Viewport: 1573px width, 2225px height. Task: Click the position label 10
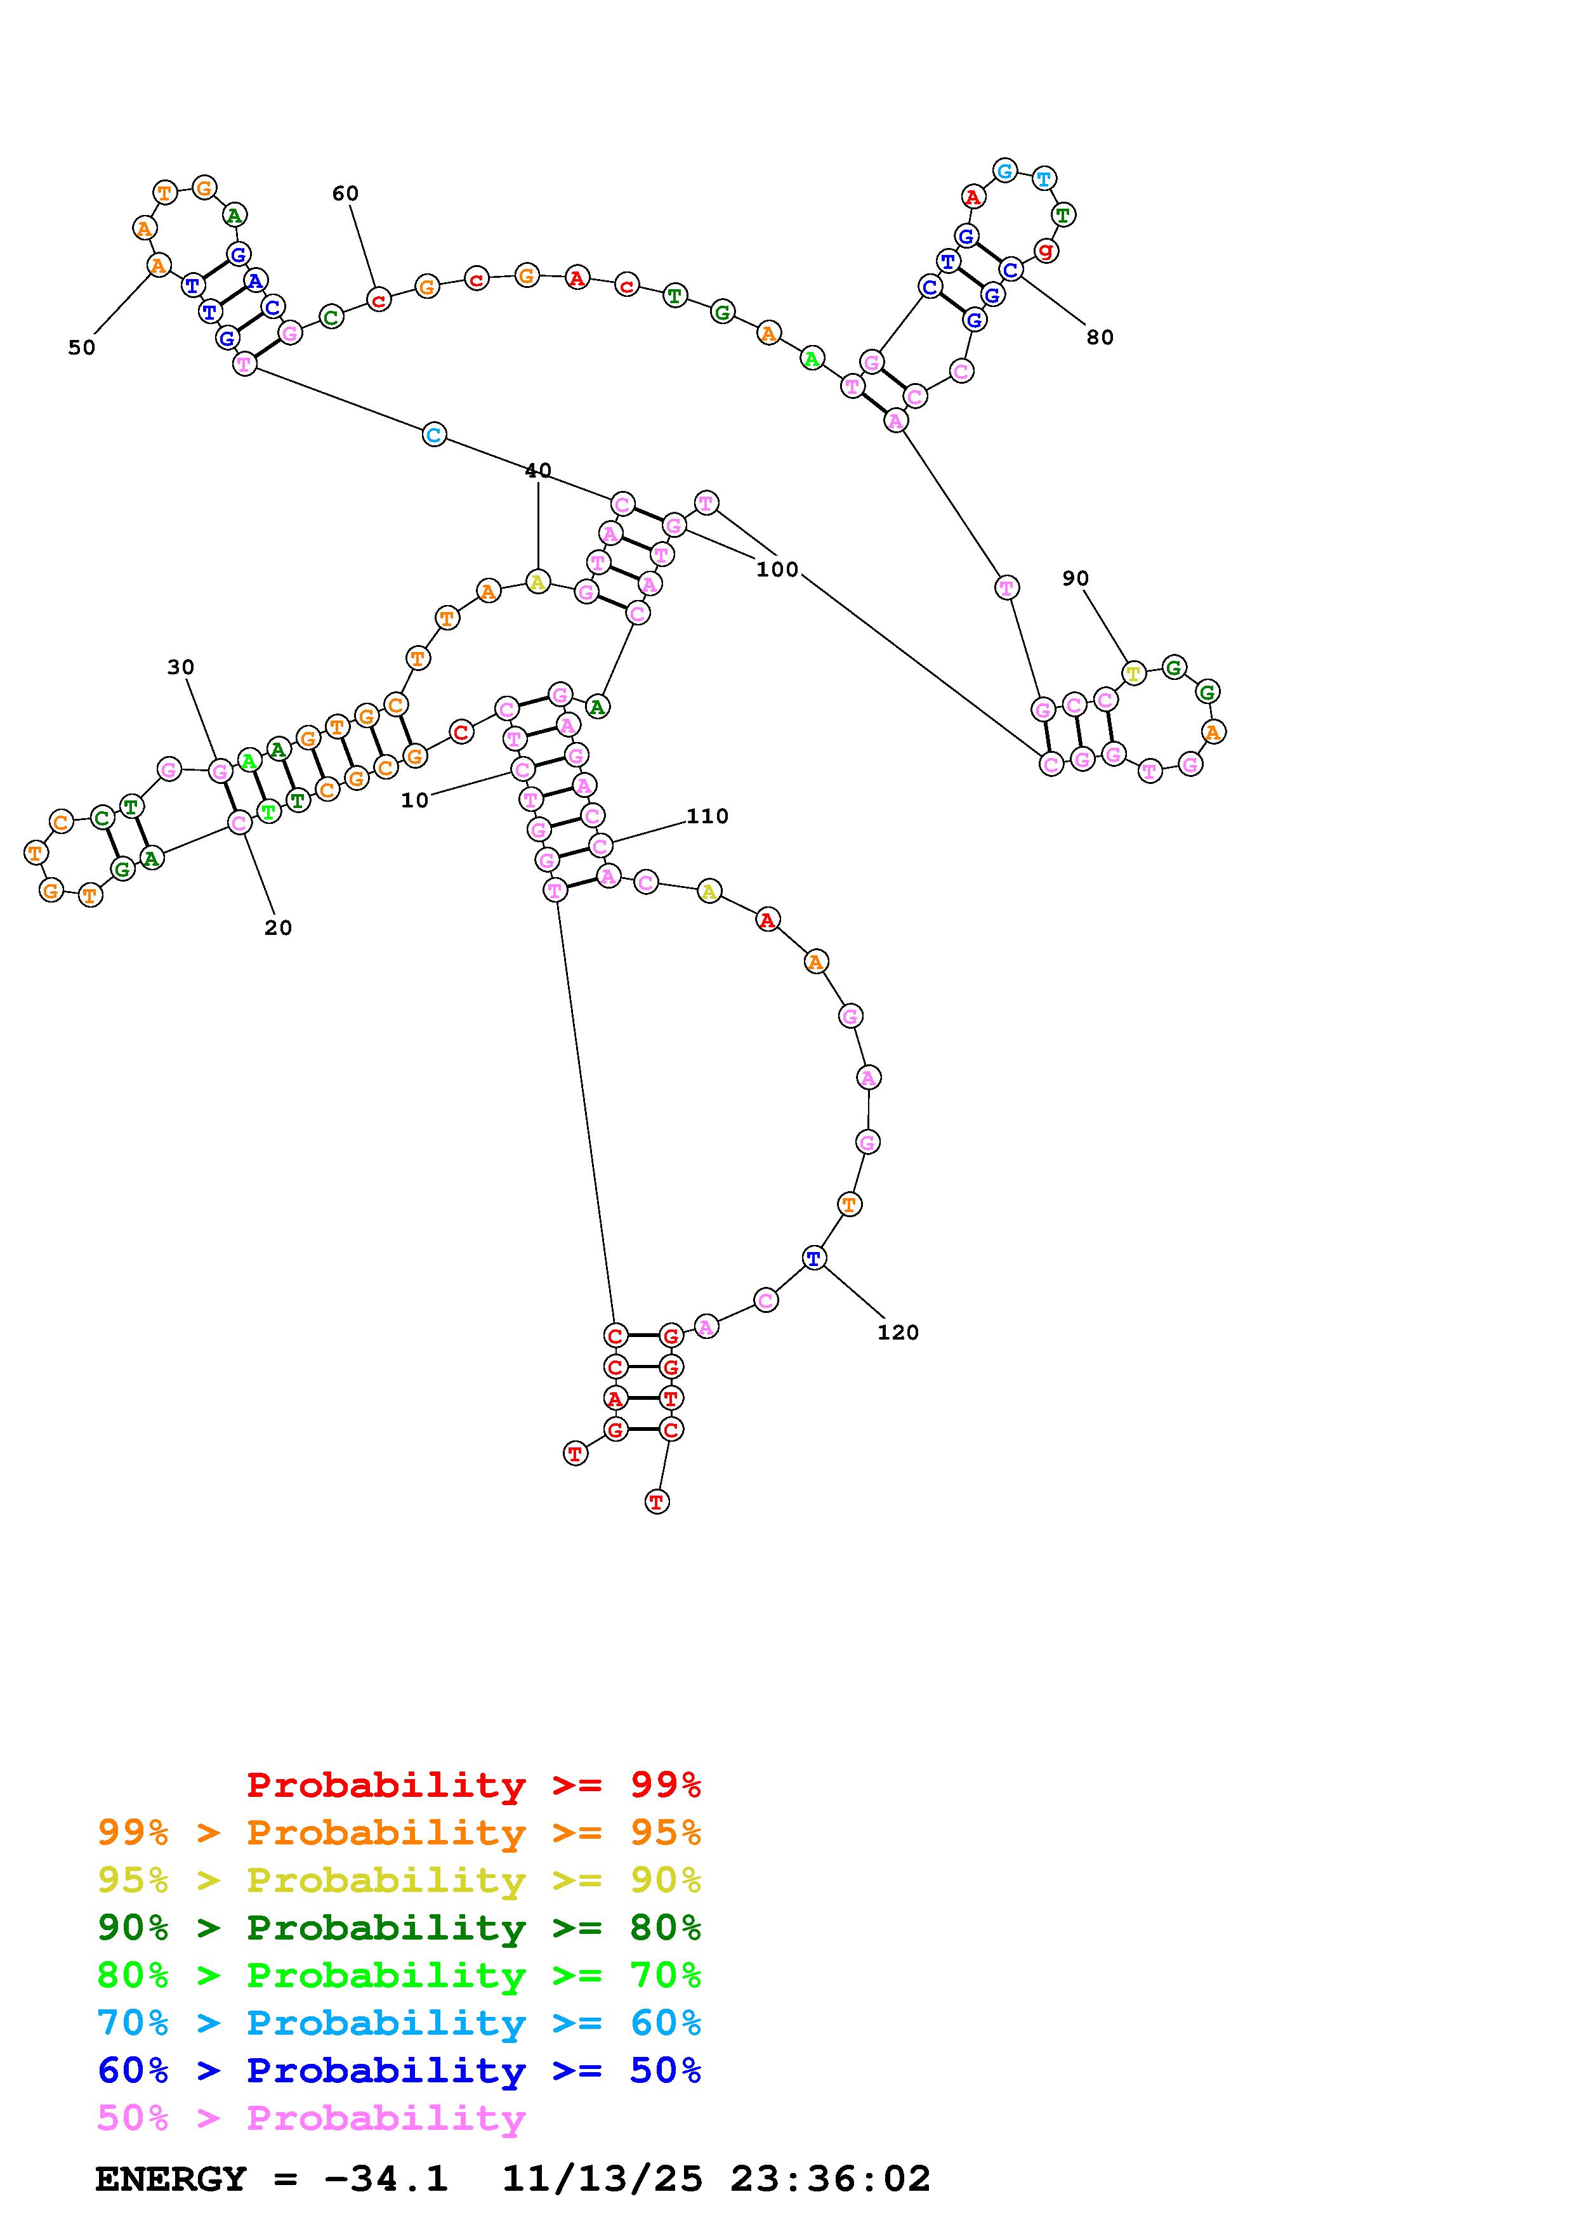(x=415, y=800)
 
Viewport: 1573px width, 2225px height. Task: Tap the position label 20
(x=278, y=927)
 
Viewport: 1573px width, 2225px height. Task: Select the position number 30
(x=180, y=667)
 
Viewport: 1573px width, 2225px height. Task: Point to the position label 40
(x=538, y=470)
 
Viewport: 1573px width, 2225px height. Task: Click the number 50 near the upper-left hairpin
(x=81, y=347)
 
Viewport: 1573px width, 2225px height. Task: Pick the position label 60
(x=345, y=193)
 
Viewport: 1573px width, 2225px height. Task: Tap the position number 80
(x=1100, y=337)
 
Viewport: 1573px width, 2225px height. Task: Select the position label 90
(x=1075, y=578)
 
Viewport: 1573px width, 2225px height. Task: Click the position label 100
(x=777, y=569)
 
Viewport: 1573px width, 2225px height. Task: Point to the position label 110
(x=708, y=816)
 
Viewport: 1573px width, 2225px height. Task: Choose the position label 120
(x=897, y=1333)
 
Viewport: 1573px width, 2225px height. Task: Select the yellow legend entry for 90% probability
(x=399, y=1880)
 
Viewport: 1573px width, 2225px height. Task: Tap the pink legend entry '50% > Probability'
(x=311, y=2117)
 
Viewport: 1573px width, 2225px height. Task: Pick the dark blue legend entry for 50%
(x=399, y=2070)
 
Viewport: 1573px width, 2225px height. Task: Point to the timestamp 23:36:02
(x=831, y=2179)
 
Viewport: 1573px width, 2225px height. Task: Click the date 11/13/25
(x=602, y=2179)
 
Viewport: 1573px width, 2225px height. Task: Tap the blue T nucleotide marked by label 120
(x=814, y=1258)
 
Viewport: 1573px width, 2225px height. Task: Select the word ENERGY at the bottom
(x=171, y=2179)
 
